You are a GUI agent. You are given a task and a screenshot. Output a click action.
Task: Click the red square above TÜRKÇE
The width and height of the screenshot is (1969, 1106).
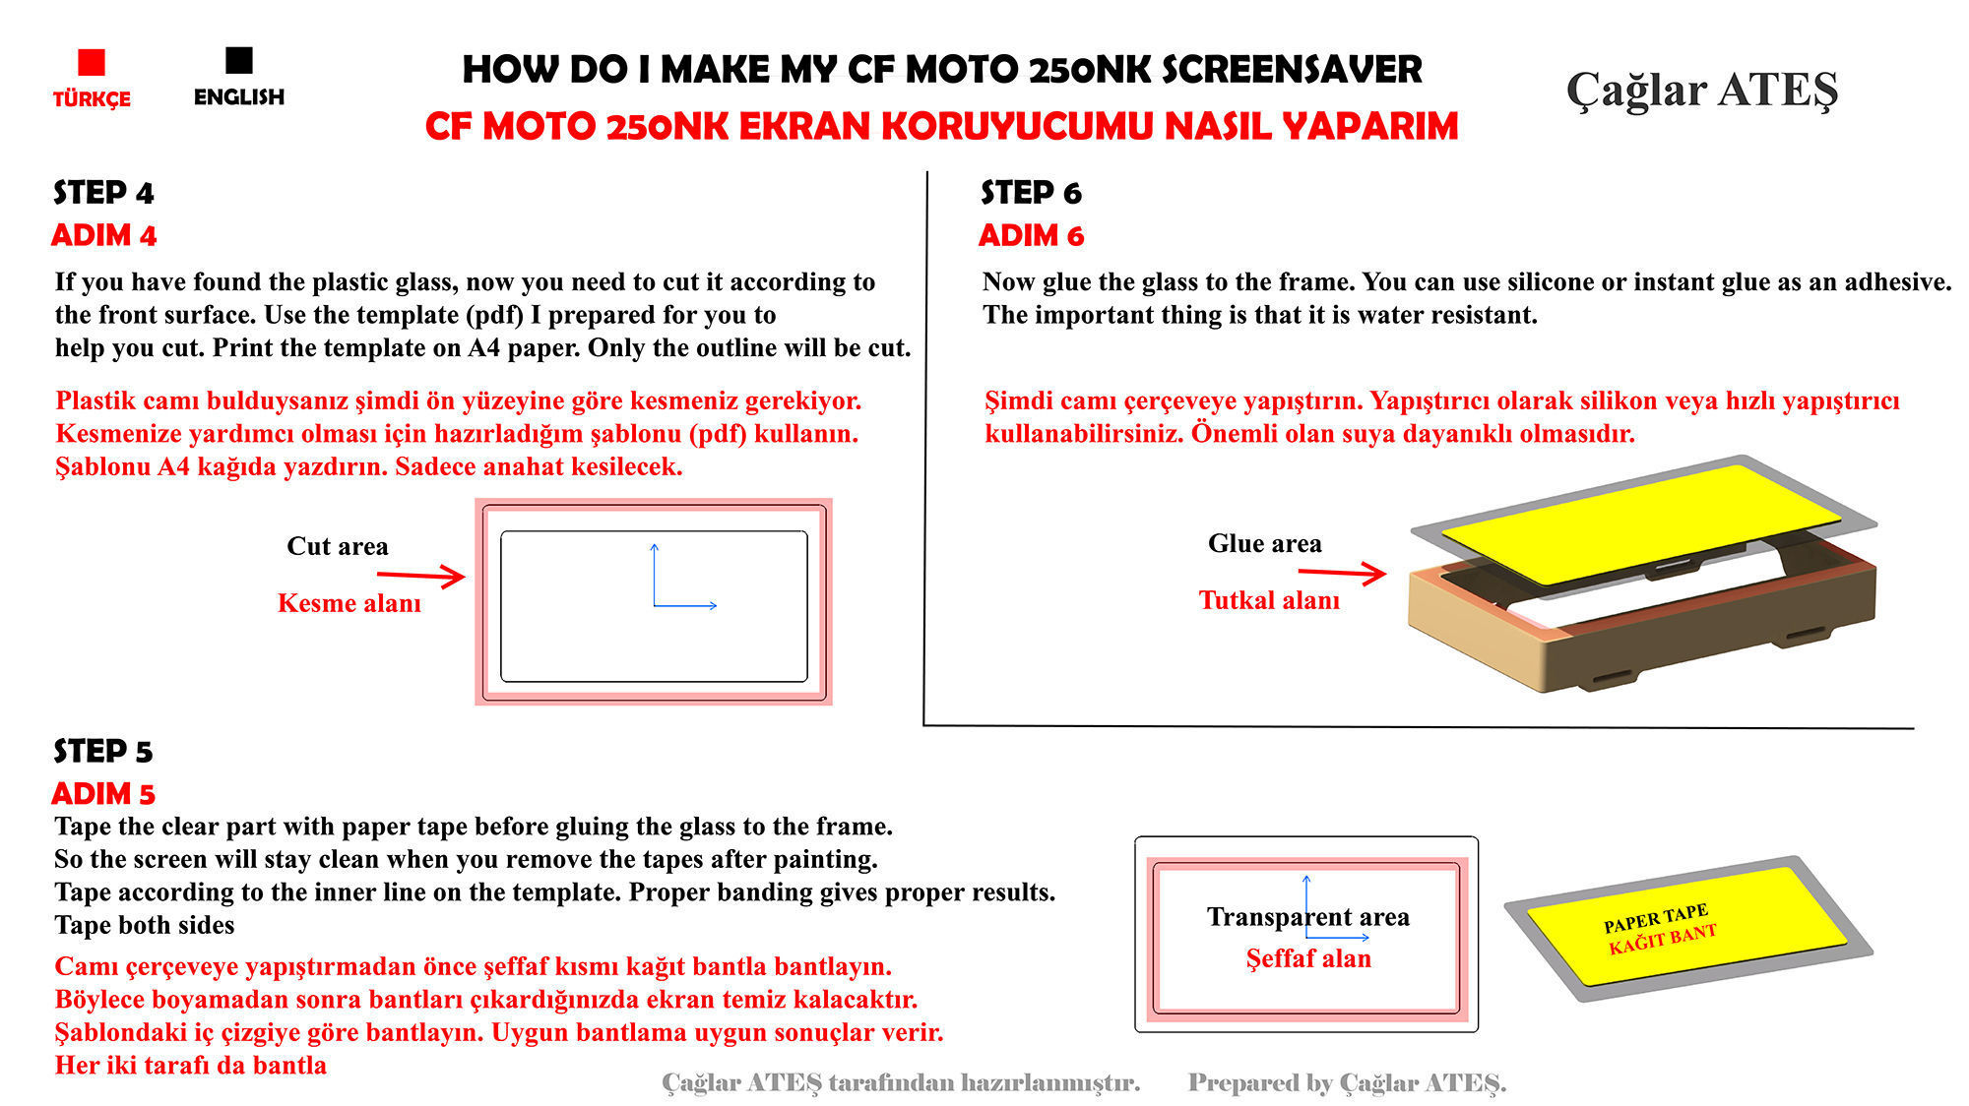coord(92,62)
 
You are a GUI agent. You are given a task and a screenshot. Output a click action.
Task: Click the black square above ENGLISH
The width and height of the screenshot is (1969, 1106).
coord(239,60)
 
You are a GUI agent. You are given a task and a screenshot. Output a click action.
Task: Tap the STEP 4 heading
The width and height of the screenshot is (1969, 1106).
coord(103,193)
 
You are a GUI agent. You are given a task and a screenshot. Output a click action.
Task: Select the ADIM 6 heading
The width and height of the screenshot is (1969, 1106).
coord(1031,236)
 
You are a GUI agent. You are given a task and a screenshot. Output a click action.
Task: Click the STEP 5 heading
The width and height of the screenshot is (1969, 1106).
coord(103,752)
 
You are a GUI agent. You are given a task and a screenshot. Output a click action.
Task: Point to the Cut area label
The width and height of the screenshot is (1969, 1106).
coord(337,546)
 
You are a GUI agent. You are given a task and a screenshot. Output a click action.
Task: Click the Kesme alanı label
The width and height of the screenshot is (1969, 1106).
coord(349,603)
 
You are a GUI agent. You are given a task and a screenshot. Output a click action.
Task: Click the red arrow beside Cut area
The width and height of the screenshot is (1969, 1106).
coord(420,576)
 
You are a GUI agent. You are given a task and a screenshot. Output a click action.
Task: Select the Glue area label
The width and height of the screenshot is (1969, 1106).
coord(1264,543)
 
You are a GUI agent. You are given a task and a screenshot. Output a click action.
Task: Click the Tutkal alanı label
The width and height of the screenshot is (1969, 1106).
coord(1269,600)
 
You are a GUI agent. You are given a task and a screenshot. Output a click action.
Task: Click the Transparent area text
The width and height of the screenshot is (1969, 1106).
coord(1307,917)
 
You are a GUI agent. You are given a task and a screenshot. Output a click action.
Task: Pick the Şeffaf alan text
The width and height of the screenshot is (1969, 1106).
coord(1307,958)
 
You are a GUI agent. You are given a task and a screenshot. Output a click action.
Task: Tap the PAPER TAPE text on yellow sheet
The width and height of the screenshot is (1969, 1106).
coord(1655,917)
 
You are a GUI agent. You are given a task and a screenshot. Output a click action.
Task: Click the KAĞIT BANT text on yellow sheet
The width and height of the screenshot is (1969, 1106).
coord(1662,940)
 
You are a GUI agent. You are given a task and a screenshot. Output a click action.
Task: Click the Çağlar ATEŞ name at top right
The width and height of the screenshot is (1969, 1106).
coord(1701,91)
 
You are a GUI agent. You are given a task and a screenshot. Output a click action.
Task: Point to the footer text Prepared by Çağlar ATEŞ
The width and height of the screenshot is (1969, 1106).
coord(1346,1083)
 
